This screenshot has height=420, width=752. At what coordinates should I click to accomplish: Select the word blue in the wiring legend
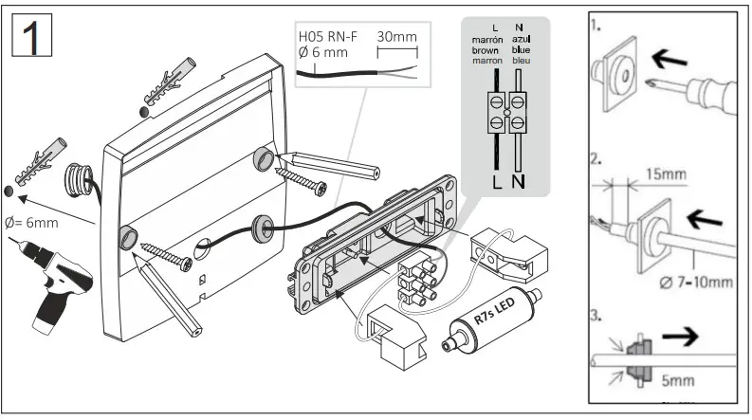point(521,50)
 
